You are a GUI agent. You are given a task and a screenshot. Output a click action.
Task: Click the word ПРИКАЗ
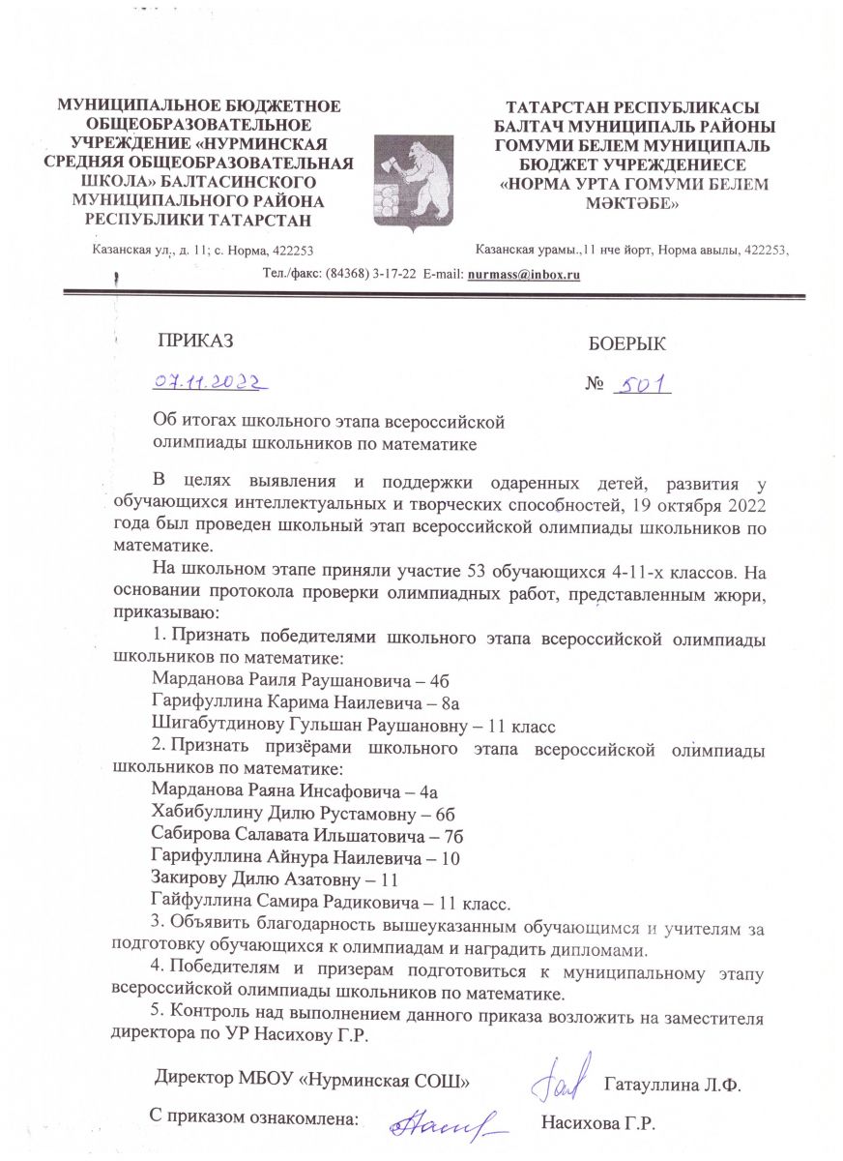[196, 340]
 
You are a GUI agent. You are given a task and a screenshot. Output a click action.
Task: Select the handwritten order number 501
[644, 385]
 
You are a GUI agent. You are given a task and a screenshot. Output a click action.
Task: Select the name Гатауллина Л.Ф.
[672, 1083]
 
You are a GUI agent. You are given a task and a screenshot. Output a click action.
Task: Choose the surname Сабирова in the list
[190, 835]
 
